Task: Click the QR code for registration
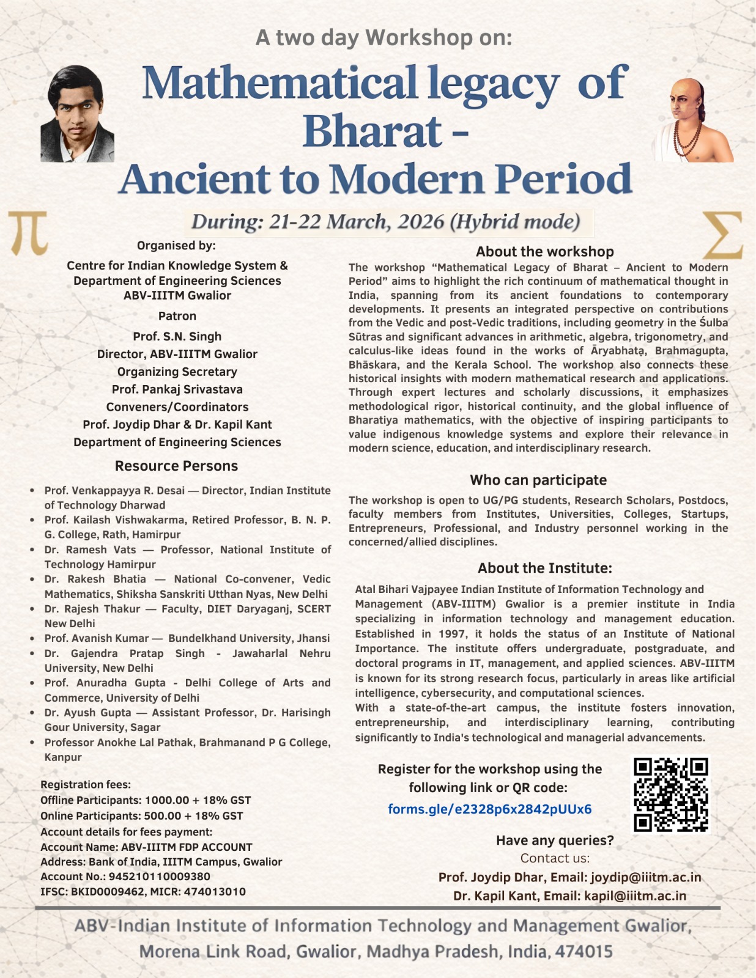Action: point(671,795)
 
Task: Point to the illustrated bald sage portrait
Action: point(692,120)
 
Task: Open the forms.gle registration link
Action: point(489,809)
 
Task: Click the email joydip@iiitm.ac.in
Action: point(645,878)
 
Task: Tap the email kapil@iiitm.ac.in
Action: point(635,896)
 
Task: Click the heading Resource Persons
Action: point(176,466)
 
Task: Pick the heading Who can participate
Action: point(538,480)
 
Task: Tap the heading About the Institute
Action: point(544,568)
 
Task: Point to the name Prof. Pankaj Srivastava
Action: point(177,389)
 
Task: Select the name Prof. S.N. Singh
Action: point(177,336)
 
